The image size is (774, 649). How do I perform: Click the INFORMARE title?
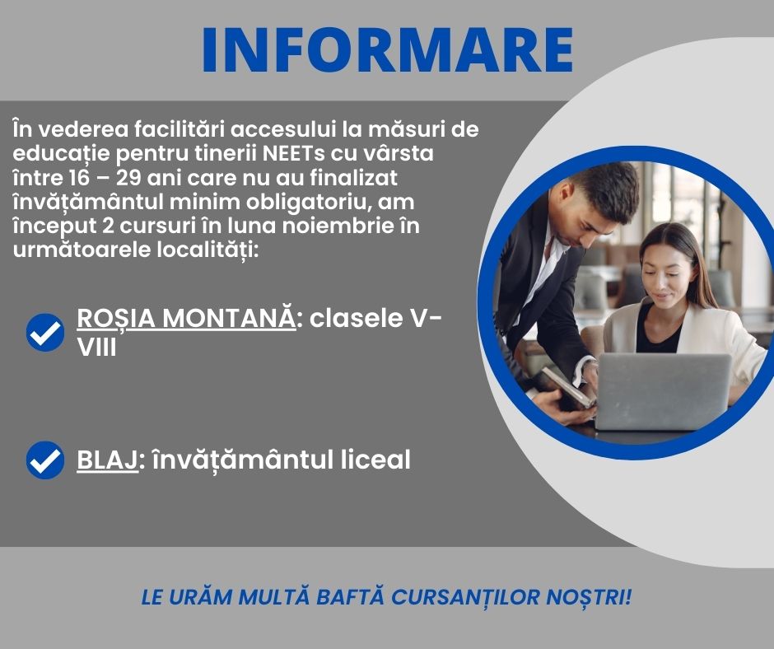388,50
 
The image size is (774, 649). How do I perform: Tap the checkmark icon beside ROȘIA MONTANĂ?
45,333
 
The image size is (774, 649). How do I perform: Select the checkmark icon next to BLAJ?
45,460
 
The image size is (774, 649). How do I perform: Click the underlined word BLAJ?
107,460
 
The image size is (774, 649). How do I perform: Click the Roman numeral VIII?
97,348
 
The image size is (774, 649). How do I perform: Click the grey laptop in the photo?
663,390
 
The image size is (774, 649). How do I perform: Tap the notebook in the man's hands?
567,388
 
